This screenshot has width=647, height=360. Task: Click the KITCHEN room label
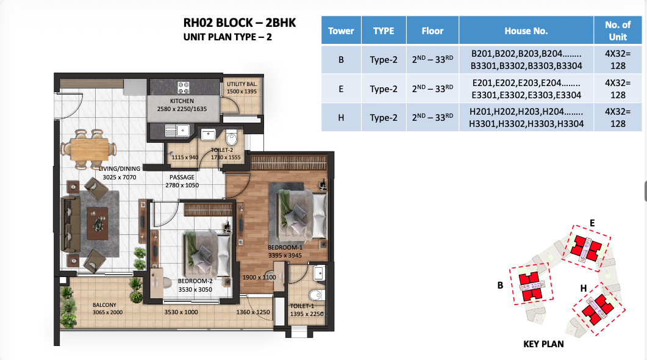click(x=182, y=101)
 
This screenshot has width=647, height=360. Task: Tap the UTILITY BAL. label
click(x=242, y=84)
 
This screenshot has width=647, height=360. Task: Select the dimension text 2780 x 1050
click(x=182, y=185)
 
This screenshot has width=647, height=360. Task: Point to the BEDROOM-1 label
click(x=285, y=247)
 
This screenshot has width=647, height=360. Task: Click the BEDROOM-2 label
click(x=195, y=281)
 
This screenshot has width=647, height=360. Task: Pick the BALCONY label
click(x=104, y=305)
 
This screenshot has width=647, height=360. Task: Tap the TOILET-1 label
click(x=302, y=306)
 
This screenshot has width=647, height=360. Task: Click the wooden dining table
click(x=89, y=149)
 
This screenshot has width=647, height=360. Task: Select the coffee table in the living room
click(x=98, y=223)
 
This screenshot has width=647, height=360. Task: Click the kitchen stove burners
click(x=184, y=87)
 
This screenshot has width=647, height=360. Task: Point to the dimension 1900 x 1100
click(x=259, y=278)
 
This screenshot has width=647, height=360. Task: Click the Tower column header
click(x=341, y=31)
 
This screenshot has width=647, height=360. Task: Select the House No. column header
click(x=526, y=31)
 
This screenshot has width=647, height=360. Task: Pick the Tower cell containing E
click(x=341, y=88)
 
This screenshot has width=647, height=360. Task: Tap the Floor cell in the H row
click(x=432, y=117)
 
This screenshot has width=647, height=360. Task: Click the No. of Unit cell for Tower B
click(x=618, y=59)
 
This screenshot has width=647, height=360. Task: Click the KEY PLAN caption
click(x=543, y=344)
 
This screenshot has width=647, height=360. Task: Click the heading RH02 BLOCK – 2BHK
click(x=239, y=23)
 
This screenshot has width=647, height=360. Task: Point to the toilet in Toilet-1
click(x=316, y=295)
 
